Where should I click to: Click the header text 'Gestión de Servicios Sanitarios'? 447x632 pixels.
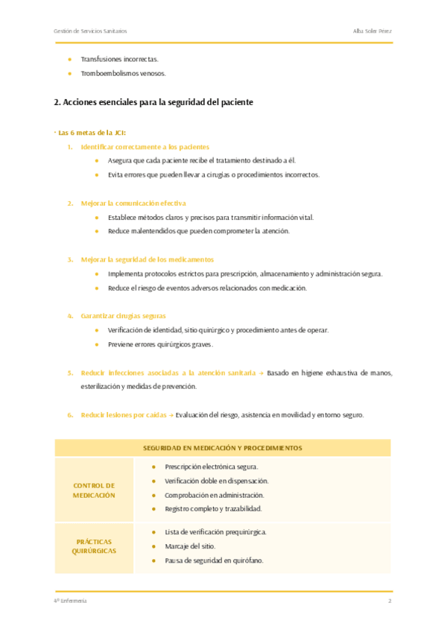point(90,31)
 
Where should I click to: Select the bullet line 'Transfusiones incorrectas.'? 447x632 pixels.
point(119,58)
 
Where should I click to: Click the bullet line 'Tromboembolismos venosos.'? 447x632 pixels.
point(123,73)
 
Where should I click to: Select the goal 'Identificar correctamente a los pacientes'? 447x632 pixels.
point(145,147)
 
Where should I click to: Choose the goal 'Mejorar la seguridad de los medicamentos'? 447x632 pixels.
point(147,259)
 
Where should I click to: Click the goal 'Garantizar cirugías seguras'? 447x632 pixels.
point(123,315)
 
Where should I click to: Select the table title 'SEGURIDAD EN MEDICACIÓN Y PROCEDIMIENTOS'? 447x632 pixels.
point(223,448)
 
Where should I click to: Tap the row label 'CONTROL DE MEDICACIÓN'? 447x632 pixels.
point(94,490)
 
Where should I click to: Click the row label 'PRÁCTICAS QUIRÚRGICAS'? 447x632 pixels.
point(94,546)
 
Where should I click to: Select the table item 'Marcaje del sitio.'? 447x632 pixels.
point(190,546)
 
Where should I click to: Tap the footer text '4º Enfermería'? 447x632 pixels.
point(71,601)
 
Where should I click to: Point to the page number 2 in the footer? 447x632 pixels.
point(390,601)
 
